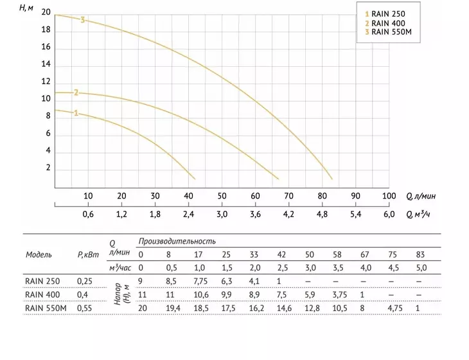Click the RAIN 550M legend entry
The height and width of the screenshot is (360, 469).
(x=388, y=32)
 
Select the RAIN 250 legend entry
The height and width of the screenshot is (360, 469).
(x=385, y=14)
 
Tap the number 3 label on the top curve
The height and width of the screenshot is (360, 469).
(x=82, y=20)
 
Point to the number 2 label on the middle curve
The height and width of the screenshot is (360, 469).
(x=76, y=93)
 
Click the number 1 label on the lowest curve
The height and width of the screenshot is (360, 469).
(x=76, y=113)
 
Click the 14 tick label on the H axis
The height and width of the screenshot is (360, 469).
(x=46, y=64)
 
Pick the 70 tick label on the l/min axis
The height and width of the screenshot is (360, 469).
(x=288, y=196)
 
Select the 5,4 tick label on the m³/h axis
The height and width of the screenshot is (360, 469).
(x=356, y=214)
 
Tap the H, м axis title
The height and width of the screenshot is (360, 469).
(x=26, y=8)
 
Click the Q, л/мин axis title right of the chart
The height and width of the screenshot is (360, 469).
(x=421, y=196)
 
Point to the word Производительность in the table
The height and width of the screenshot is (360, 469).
(x=177, y=241)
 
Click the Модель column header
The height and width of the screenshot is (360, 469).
(x=39, y=255)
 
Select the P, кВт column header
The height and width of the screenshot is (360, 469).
(x=88, y=255)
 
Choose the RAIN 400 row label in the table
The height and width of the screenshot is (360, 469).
(x=42, y=295)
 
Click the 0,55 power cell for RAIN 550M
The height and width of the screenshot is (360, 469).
(x=84, y=308)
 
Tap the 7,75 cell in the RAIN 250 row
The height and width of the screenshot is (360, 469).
(x=200, y=282)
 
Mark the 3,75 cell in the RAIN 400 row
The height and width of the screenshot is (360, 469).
(x=340, y=295)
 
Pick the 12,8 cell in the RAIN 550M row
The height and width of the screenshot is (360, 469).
(x=312, y=308)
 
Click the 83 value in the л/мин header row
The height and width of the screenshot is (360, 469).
(x=420, y=255)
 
